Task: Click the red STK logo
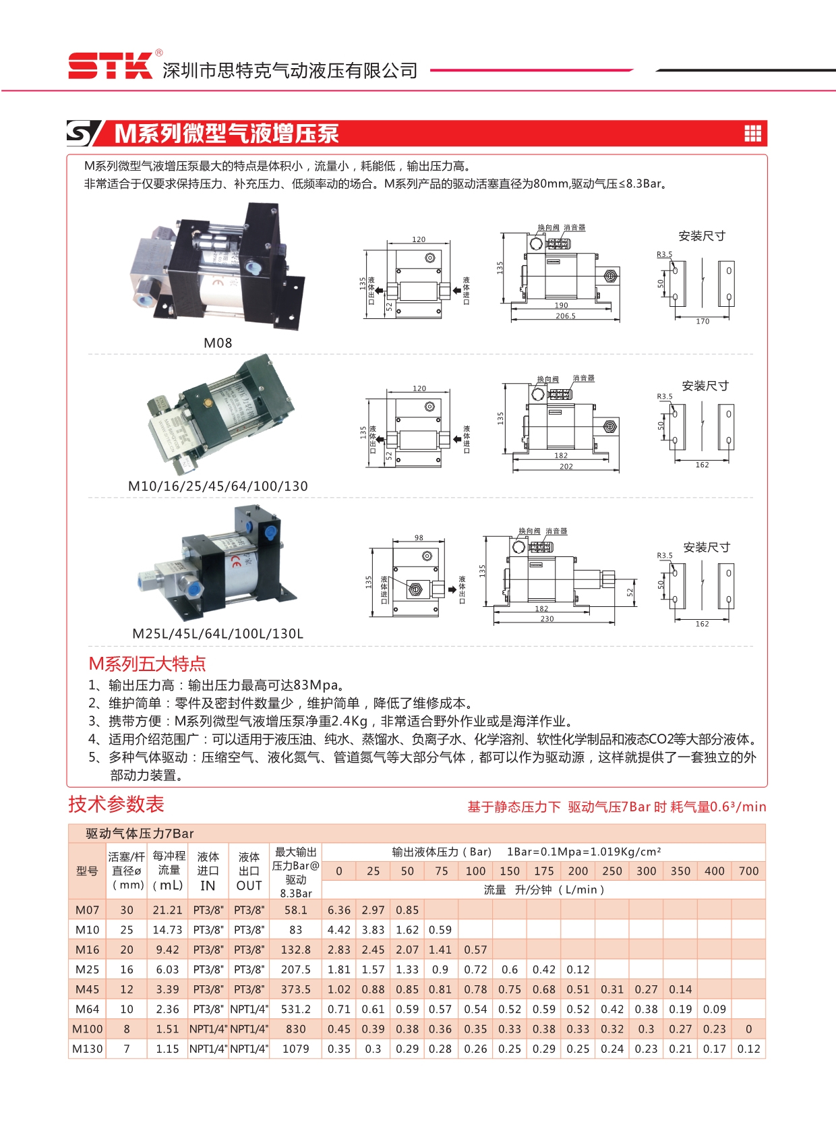coord(111,65)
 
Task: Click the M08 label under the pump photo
coord(218,343)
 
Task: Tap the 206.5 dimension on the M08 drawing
coord(565,316)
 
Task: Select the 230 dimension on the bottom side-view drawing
coord(547,618)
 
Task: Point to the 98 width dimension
coord(419,537)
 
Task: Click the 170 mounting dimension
coord(703,321)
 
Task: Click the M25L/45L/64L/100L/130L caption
coord(218,634)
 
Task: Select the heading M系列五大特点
coord(147,664)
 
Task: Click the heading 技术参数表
coord(116,804)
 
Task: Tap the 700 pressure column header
coord(748,871)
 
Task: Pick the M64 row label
coord(87,1009)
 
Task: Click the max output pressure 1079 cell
coord(295,1049)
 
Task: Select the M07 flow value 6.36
coord(338,910)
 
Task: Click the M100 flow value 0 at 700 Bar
coord(748,1029)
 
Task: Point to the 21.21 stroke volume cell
coord(167,910)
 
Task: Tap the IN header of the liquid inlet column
coord(208,885)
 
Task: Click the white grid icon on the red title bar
coord(752,134)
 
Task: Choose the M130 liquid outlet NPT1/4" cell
coord(249,1049)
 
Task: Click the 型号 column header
coord(87,871)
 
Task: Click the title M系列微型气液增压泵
coord(227,134)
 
